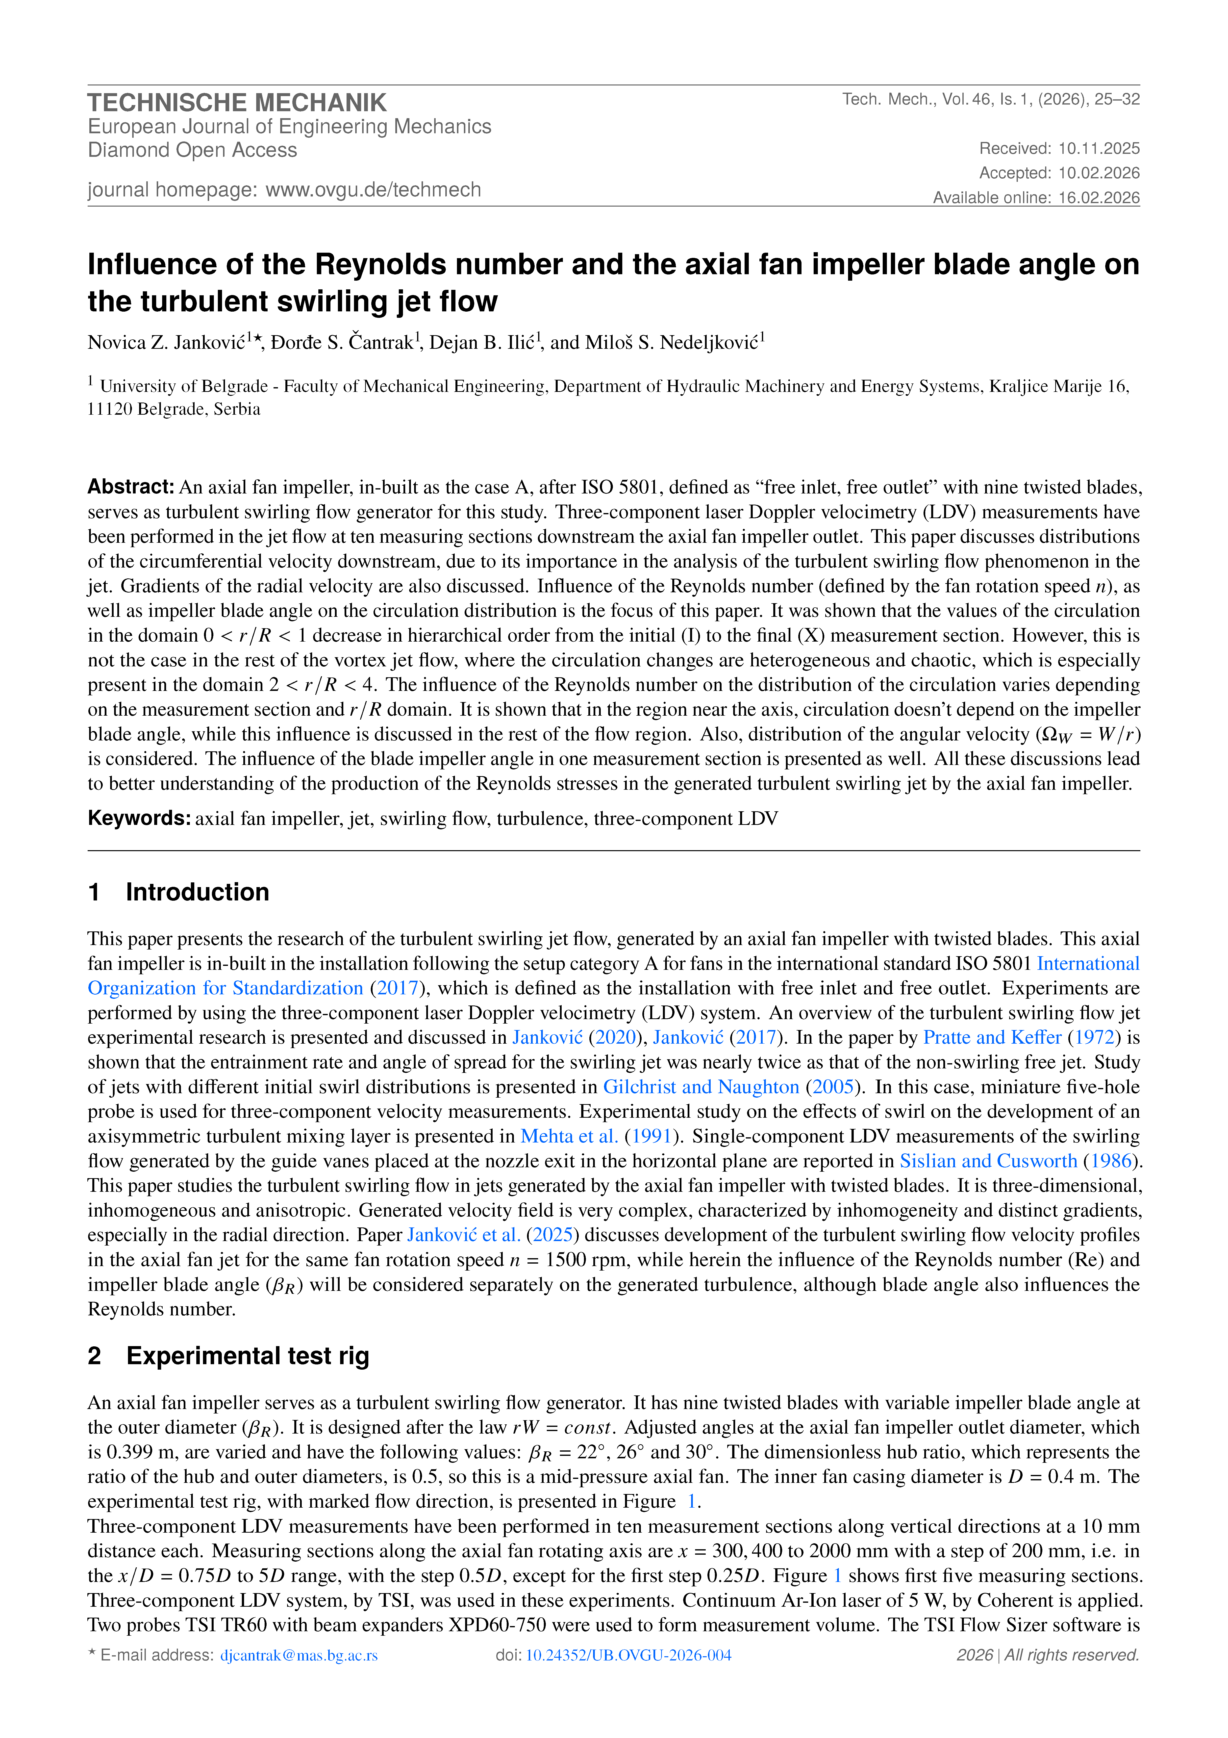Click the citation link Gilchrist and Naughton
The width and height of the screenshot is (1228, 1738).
(701, 1087)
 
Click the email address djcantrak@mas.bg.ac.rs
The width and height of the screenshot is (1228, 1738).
(299, 1656)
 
